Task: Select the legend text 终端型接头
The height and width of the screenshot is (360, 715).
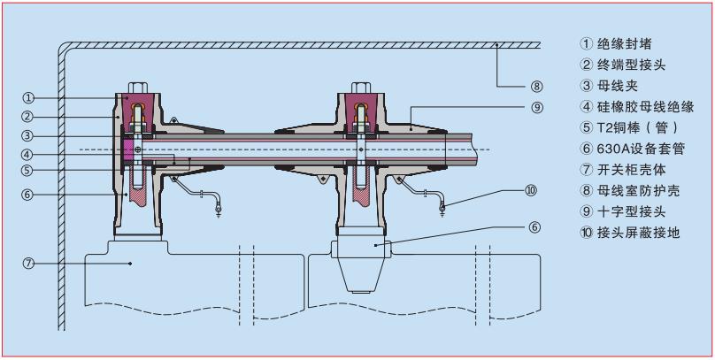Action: point(631,65)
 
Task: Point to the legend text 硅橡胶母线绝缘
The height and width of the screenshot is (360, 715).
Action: point(645,107)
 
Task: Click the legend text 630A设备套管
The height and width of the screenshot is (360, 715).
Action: point(641,149)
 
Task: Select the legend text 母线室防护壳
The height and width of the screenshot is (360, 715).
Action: point(638,190)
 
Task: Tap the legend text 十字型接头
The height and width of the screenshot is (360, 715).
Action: point(631,212)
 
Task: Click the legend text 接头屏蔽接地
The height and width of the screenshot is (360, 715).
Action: point(638,233)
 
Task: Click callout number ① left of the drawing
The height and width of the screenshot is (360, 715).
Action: point(28,97)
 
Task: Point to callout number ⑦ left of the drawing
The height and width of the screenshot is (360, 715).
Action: point(28,264)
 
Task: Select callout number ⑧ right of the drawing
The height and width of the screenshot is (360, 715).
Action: point(535,86)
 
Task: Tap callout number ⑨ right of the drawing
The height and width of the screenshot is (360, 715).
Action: point(537,107)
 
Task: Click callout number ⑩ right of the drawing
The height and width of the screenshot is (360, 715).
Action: point(531,190)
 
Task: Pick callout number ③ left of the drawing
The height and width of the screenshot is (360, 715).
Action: point(28,136)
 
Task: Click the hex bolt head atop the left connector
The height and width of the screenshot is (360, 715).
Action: point(137,88)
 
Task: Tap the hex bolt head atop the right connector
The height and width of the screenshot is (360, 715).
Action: point(361,88)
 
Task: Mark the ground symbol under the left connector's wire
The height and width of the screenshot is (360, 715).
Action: point(219,212)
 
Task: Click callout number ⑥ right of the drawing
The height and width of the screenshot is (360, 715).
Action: point(534,226)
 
